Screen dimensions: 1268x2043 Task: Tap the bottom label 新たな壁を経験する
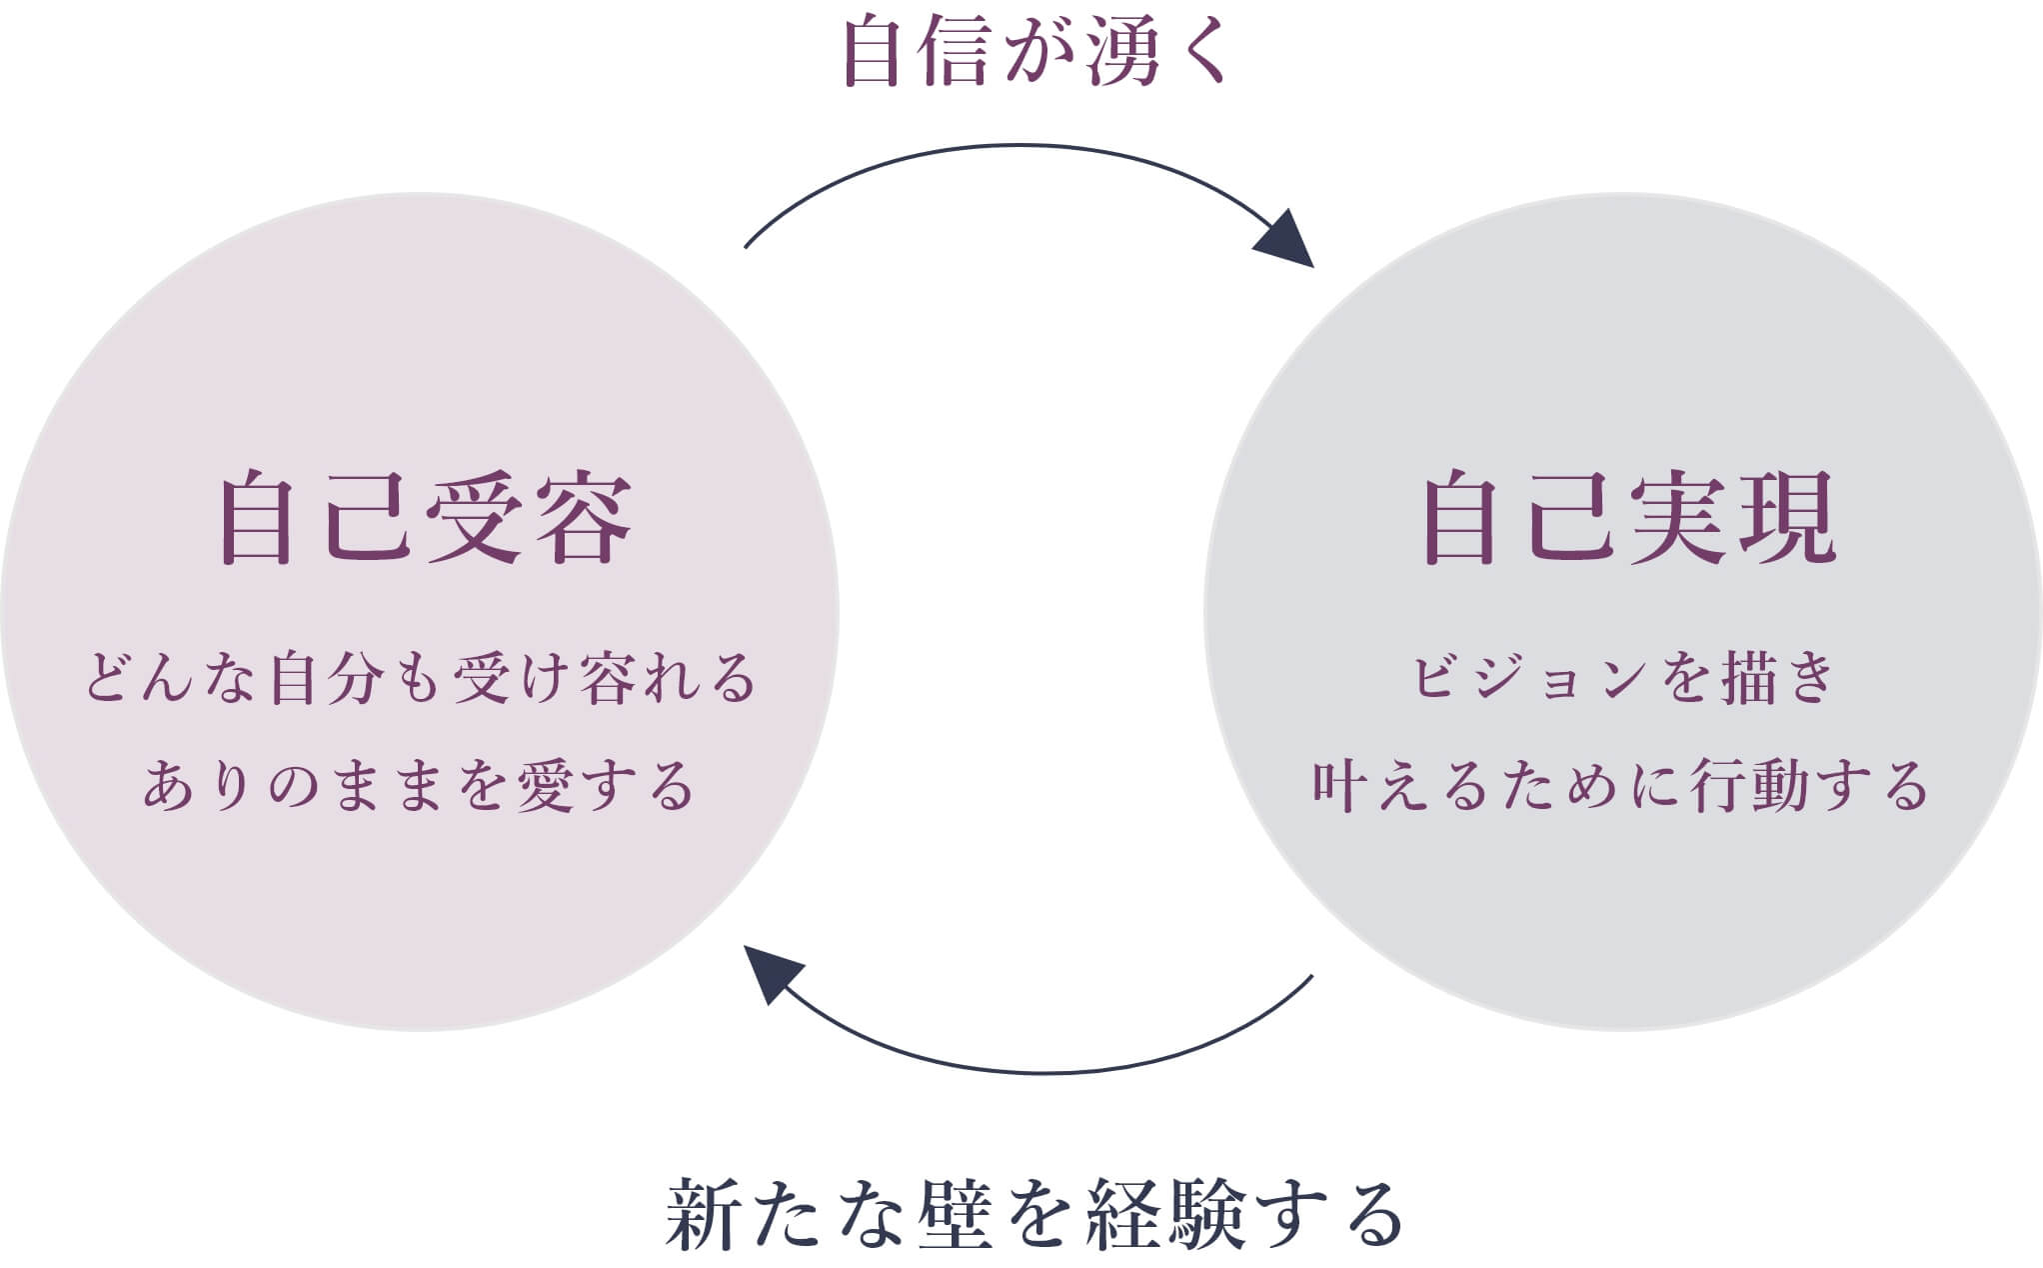pyautogui.click(x=1033, y=1213)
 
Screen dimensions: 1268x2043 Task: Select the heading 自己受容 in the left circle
pyautogui.click(x=425, y=518)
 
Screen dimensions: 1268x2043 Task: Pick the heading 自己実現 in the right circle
pyautogui.click(x=1628, y=518)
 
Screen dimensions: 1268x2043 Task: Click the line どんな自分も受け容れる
pyautogui.click(x=421, y=678)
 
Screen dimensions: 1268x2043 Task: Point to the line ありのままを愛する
pyautogui.click(x=419, y=785)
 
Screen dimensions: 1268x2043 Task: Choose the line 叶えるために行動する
pyautogui.click(x=1620, y=785)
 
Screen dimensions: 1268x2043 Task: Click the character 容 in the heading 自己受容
pyautogui.click(x=583, y=518)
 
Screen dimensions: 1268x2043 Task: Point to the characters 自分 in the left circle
pyautogui.click(x=326, y=678)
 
